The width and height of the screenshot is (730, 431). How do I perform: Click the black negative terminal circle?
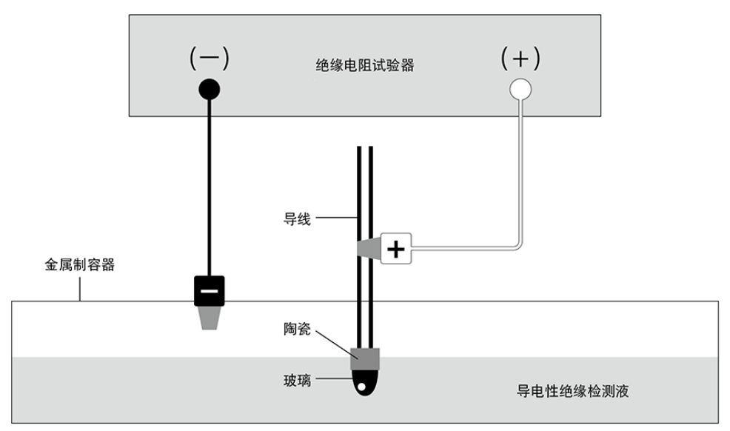click(x=210, y=90)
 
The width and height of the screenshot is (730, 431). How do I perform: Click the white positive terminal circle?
click(x=520, y=90)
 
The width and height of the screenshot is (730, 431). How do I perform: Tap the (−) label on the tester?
click(x=210, y=59)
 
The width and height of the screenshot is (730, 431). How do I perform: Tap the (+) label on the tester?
click(x=520, y=59)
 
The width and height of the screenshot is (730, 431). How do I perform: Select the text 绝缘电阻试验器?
click(x=365, y=65)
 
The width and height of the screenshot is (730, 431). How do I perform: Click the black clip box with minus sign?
click(x=210, y=291)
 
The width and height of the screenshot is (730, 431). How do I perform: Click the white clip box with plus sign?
click(x=396, y=249)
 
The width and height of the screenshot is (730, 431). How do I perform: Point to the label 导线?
click(x=297, y=218)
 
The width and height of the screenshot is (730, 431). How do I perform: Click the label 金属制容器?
click(x=80, y=265)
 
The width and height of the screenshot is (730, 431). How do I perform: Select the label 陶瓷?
click(x=297, y=329)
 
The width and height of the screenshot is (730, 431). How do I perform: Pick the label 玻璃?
click(x=297, y=380)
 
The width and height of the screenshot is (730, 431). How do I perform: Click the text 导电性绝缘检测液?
click(x=572, y=391)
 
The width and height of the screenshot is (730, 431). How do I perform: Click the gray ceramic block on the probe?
click(x=365, y=359)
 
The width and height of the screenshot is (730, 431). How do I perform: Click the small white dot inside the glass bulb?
click(x=361, y=386)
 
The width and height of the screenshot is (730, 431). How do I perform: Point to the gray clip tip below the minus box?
click(x=210, y=318)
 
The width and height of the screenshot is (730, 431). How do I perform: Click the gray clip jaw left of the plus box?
click(x=369, y=247)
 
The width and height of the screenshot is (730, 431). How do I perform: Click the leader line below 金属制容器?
click(x=80, y=289)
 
